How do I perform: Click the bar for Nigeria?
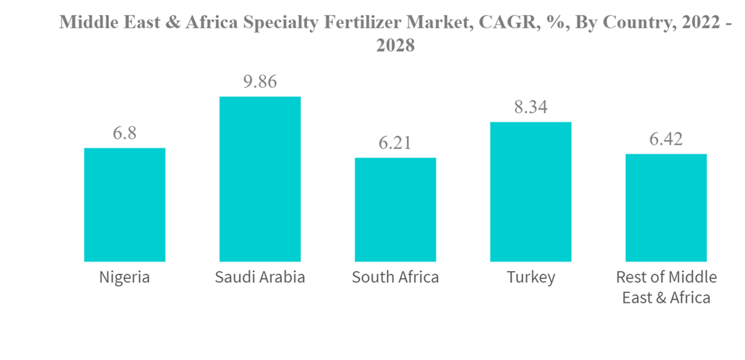coord(124,204)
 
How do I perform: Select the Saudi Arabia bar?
coord(260,179)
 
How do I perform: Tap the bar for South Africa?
coord(395,209)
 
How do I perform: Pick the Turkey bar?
coord(530,192)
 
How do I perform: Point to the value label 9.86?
coord(260,82)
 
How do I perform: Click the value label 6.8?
coord(124,133)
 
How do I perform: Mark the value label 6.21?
coord(395,143)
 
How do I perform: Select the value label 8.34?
coord(530,107)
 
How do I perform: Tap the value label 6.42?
coord(666,139)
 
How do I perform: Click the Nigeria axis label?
coord(124,278)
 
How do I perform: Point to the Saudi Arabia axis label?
coord(260,278)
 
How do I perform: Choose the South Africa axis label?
coord(395,278)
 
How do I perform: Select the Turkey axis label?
coord(530,278)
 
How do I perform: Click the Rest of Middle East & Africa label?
coord(666,288)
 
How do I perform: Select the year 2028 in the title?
coord(395,45)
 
